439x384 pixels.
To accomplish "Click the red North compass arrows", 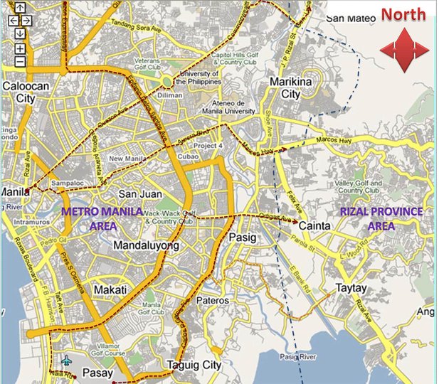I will point(403,49).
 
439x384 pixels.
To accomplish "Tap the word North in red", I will point(403,14).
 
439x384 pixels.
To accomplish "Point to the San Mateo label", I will point(349,18).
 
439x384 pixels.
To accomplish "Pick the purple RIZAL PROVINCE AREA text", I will point(381,218).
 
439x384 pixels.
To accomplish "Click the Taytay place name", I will point(351,289).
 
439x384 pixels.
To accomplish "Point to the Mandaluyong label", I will point(147,245).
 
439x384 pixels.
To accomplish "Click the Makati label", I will point(110,290).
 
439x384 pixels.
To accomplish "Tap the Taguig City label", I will point(194,366).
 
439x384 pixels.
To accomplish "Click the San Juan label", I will point(140,194).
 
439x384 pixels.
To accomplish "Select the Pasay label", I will point(98,373).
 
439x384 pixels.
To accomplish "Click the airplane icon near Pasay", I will point(67,361).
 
